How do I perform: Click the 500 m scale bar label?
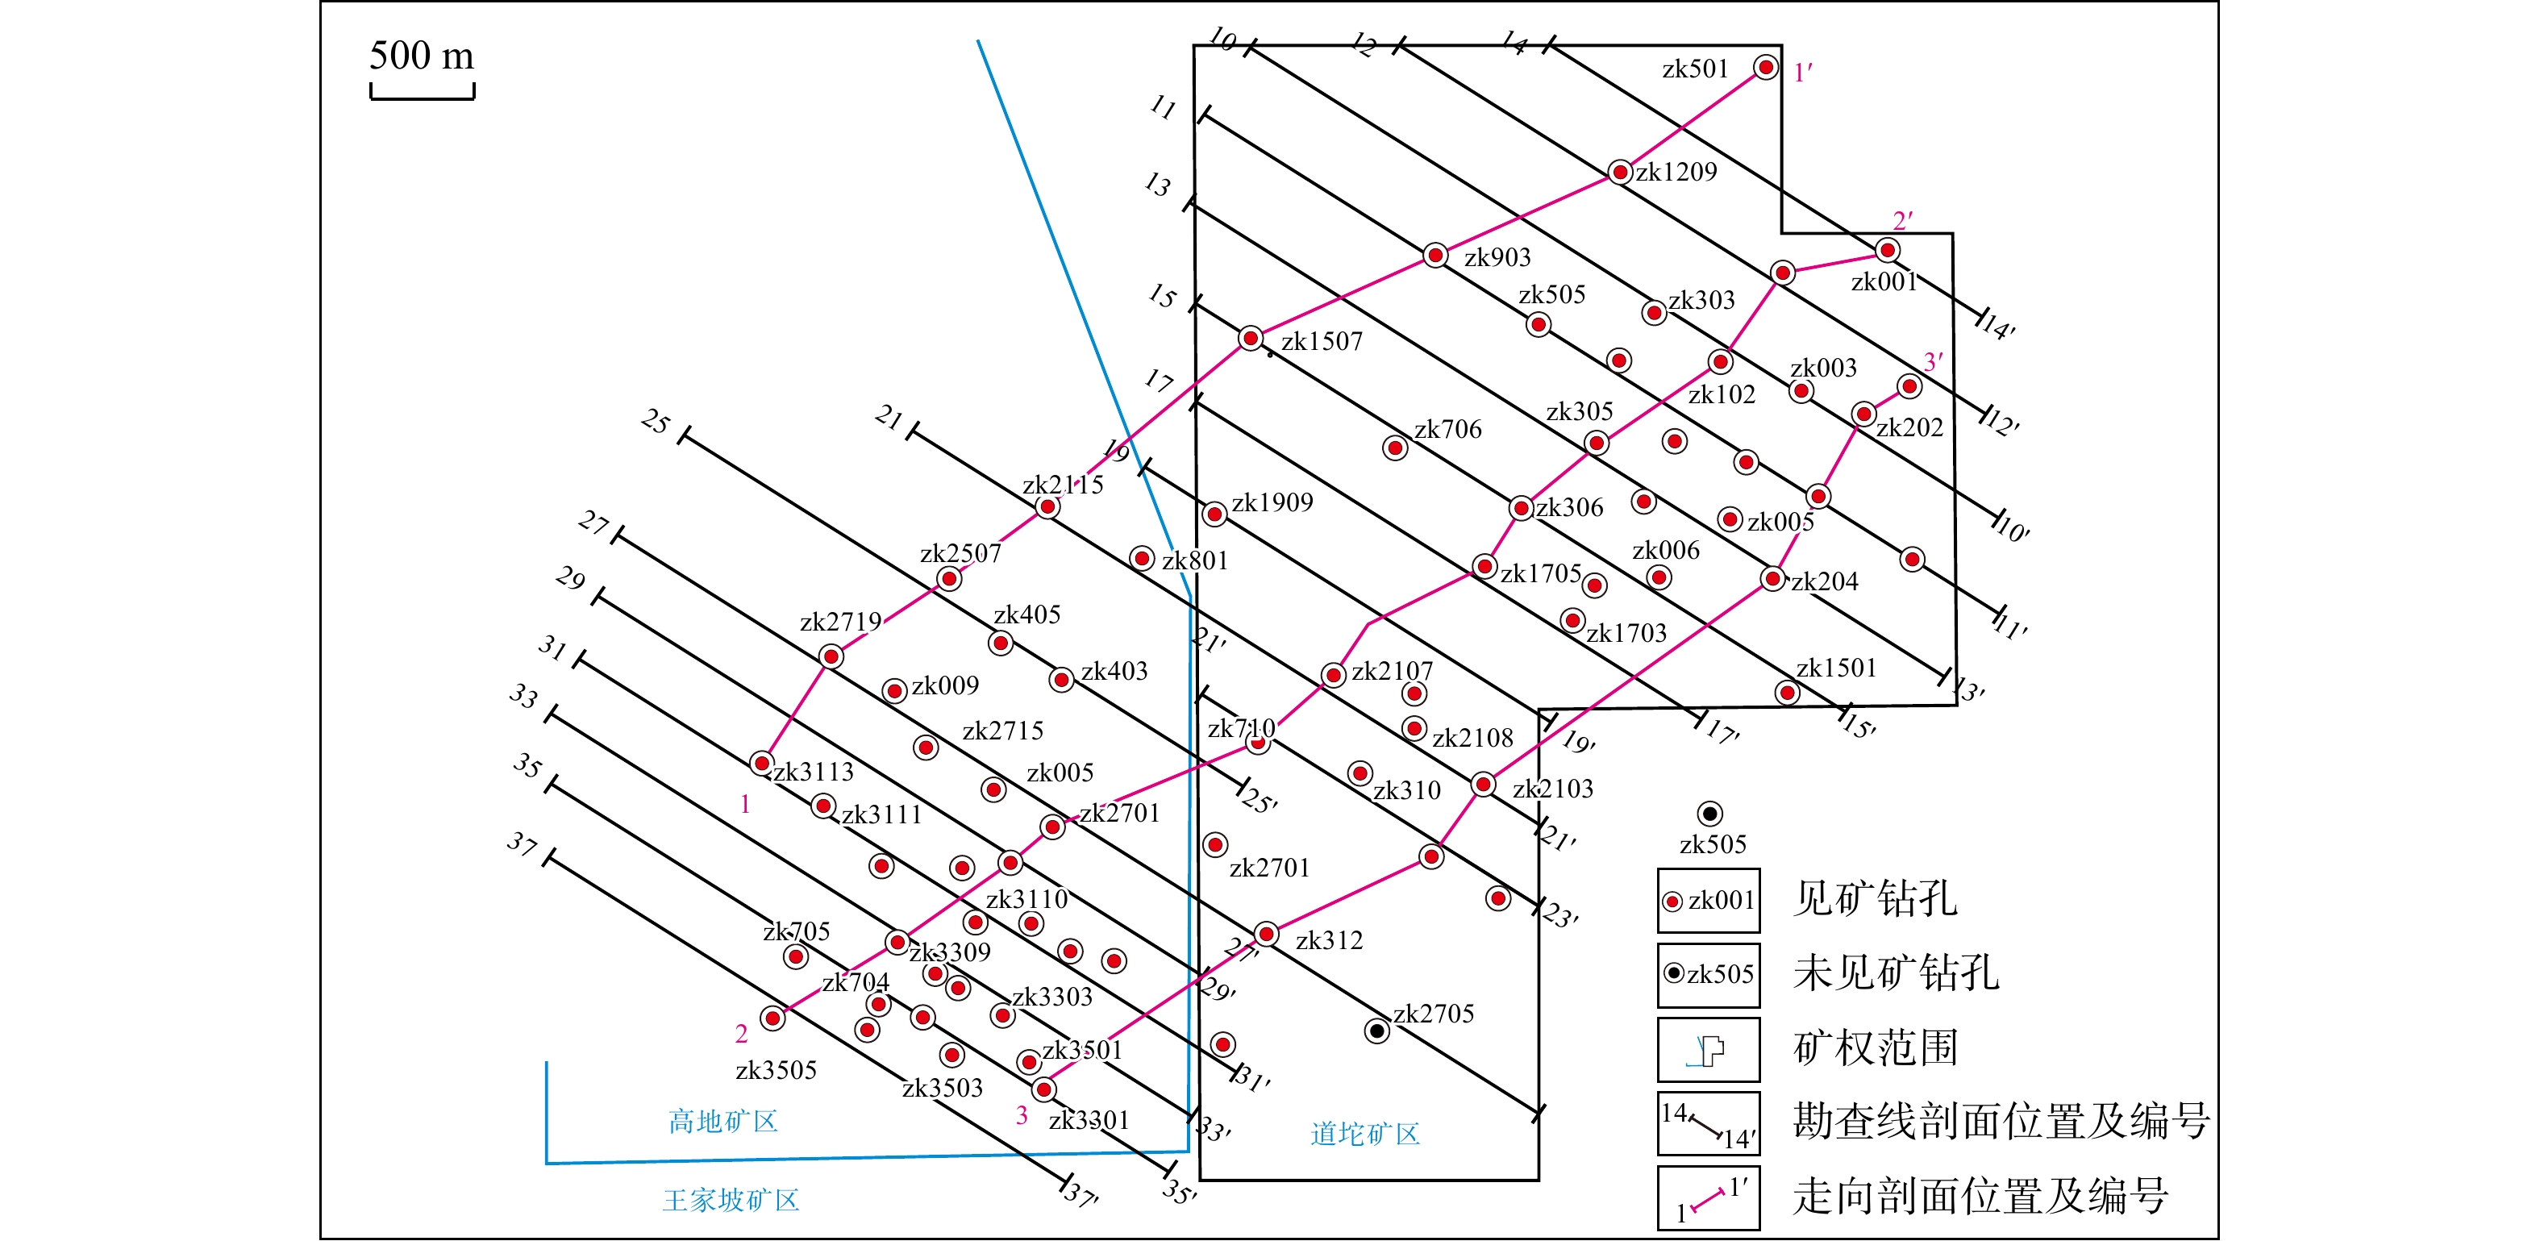(421, 55)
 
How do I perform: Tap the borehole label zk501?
(1695, 69)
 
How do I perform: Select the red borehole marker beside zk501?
(1765, 67)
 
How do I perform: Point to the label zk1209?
(1676, 172)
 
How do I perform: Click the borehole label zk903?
(1497, 257)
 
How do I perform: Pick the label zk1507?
(1322, 341)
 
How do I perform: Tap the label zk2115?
(1062, 484)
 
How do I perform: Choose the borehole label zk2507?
(960, 553)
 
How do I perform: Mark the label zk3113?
(814, 772)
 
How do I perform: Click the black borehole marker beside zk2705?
(1376, 1031)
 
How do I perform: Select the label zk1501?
(1836, 668)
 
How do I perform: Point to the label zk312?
(1329, 940)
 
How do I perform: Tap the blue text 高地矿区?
(722, 1121)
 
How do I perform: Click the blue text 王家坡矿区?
(731, 1200)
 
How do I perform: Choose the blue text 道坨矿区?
(1364, 1134)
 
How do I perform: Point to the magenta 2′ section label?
(1902, 221)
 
